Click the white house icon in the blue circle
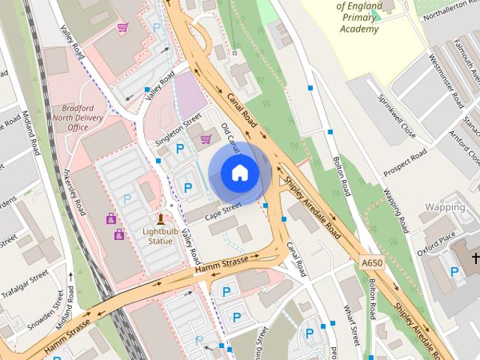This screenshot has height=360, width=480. pyautogui.click(x=240, y=173)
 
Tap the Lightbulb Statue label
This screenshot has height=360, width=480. pyautogui.click(x=160, y=235)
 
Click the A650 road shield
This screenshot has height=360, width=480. pyautogui.click(x=370, y=264)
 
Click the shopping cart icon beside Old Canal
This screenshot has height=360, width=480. pyautogui.click(x=205, y=139)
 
